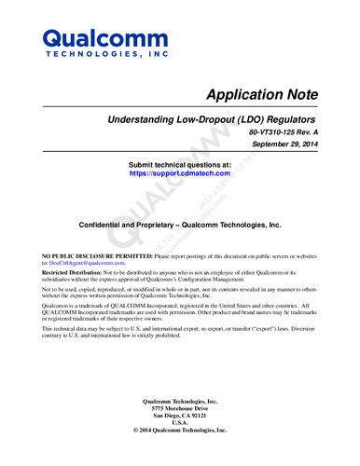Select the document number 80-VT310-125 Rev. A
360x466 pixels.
284,135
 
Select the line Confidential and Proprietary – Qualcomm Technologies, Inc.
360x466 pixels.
179,226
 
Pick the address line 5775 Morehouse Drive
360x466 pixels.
179,410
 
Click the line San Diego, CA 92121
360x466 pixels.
179,418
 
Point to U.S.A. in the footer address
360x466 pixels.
179,425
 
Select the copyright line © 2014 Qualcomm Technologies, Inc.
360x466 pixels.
179,432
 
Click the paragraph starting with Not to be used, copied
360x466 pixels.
177,293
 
